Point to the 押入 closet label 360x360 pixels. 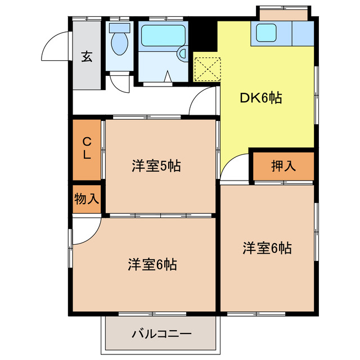pyautogui.click(x=283, y=166)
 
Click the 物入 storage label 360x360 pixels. pyautogui.click(x=87, y=199)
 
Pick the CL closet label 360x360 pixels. pyautogui.click(x=87, y=148)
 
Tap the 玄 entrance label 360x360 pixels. pyautogui.click(x=86, y=56)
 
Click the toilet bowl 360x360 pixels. pyautogui.click(x=119, y=44)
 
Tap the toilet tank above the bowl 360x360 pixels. pyautogui.click(x=119, y=26)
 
